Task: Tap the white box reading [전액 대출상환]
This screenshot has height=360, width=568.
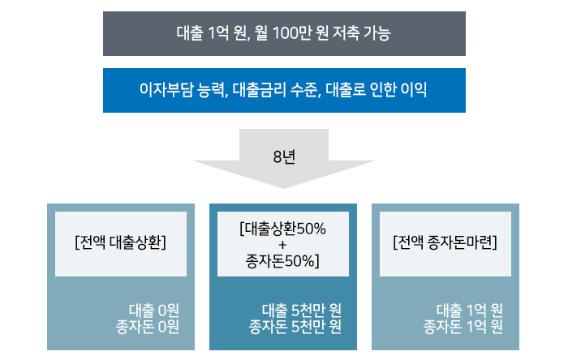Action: tap(120, 242)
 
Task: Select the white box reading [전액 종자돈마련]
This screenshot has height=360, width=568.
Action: tap(445, 242)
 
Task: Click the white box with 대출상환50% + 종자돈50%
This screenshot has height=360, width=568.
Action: tap(283, 244)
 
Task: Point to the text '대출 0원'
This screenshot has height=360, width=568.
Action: tap(153, 310)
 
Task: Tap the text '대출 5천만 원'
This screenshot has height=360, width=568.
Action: tap(300, 310)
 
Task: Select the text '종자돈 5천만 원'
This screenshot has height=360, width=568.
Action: tap(295, 327)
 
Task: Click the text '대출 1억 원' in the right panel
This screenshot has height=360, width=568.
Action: tap(469, 310)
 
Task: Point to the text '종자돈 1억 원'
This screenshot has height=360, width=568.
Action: tap(463, 327)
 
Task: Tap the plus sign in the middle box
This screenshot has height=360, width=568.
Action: tap(283, 244)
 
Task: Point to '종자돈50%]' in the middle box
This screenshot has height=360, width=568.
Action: tap(283, 260)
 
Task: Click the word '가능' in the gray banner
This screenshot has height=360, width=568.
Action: tap(376, 34)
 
